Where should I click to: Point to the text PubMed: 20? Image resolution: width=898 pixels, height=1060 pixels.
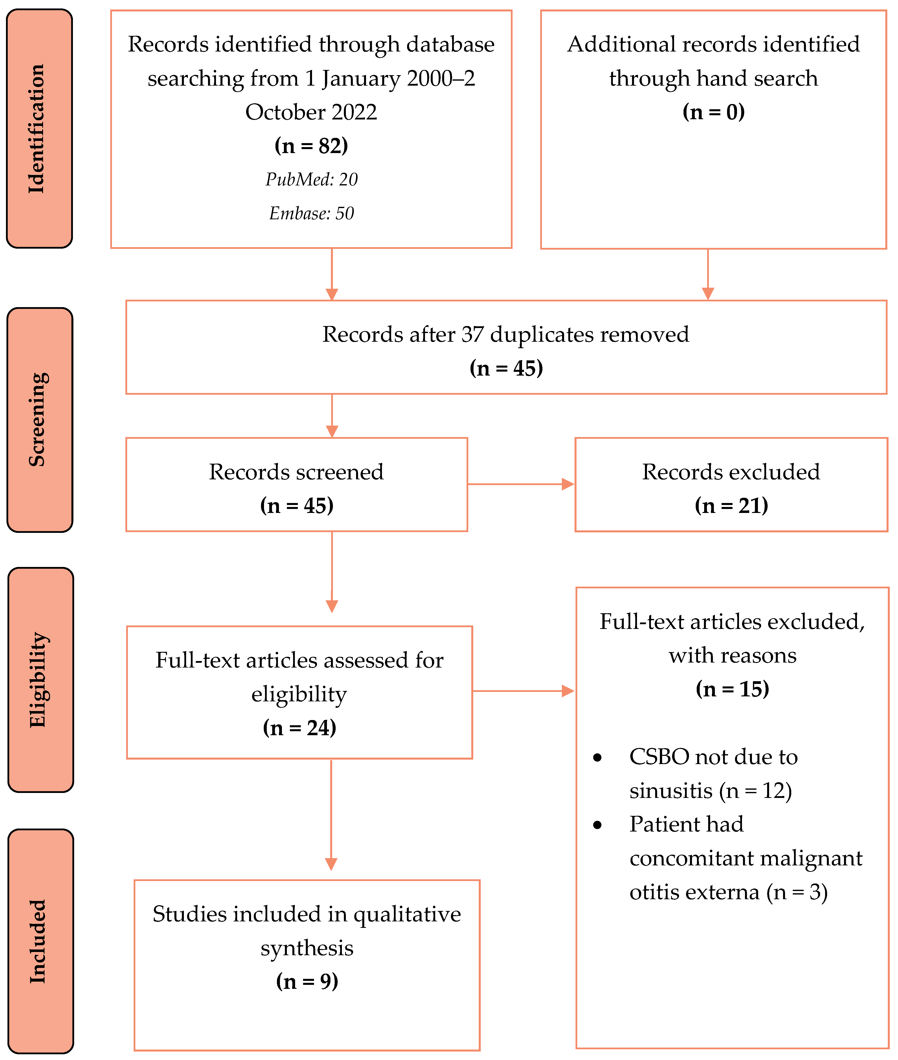311,179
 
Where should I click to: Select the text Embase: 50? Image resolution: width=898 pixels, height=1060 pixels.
311,213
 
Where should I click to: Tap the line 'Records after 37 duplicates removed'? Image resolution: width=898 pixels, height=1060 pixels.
506,335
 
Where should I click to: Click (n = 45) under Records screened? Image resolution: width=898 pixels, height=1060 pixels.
297,505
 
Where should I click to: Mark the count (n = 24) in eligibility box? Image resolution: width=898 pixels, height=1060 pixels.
299,727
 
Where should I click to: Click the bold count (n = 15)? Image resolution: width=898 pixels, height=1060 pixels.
732,689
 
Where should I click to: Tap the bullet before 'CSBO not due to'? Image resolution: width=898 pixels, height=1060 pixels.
597,758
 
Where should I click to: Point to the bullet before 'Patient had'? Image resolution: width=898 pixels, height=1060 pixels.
597,825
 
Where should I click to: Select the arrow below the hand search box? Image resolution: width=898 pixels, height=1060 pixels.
708,275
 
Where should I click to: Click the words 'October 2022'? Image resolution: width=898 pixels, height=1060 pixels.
311,112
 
